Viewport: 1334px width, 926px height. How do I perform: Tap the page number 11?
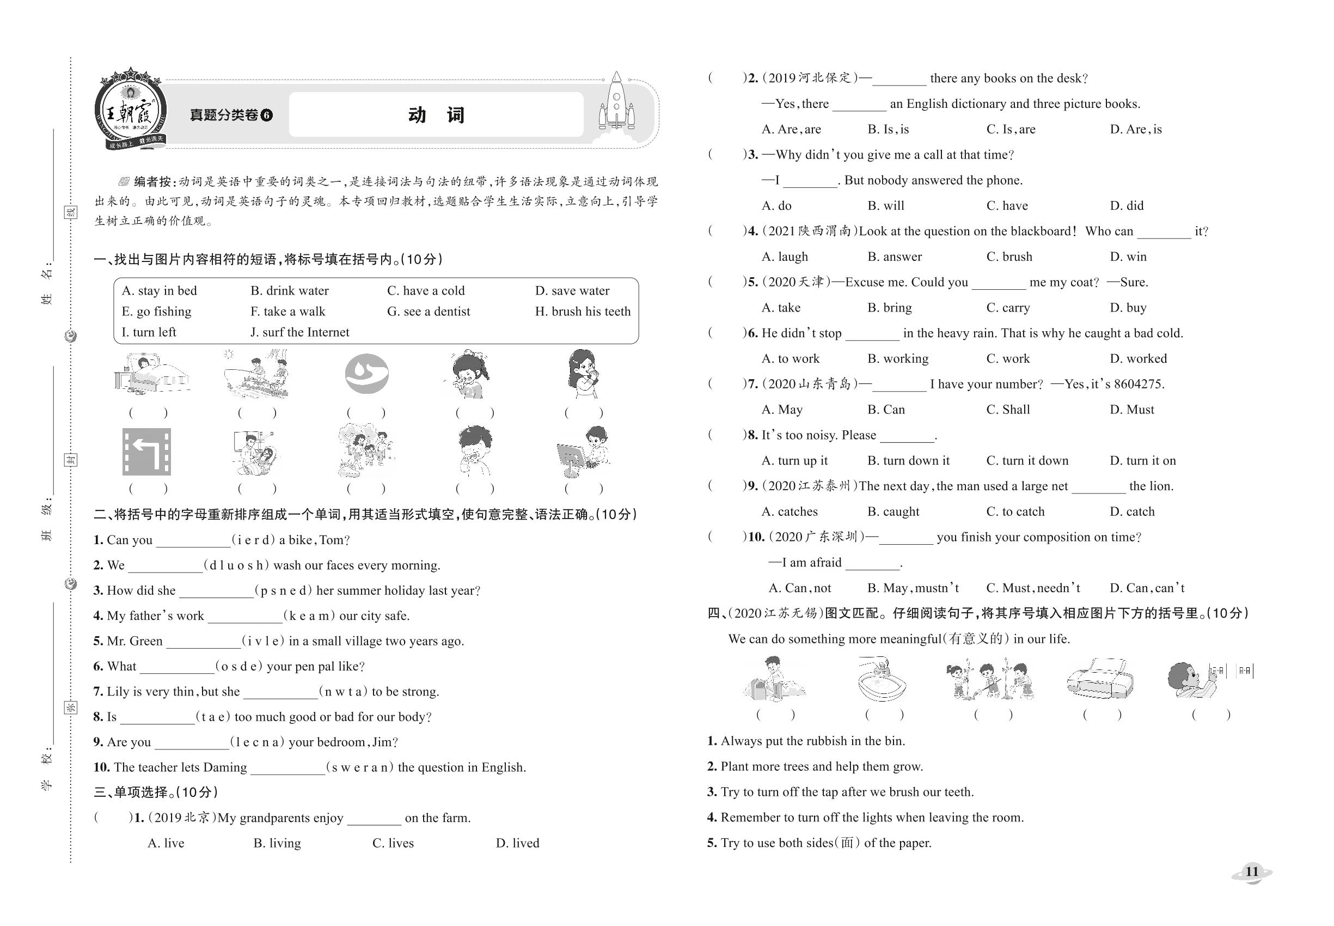coord(1252,872)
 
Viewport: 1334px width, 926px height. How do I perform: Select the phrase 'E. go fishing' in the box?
coord(157,312)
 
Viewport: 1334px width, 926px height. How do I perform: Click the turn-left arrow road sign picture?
coord(147,452)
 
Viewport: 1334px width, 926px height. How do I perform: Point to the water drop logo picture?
coord(366,374)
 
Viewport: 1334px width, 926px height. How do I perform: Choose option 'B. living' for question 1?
coord(277,843)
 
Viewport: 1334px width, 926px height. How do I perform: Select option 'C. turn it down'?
coord(1026,461)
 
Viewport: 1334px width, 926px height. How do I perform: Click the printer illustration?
coord(1099,679)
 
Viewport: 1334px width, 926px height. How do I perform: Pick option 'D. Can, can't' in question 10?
coord(1147,588)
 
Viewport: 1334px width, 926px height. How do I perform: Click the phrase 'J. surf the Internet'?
coord(300,332)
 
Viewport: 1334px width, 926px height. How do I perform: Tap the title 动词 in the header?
coord(436,115)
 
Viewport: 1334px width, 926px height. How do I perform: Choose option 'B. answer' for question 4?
coord(895,257)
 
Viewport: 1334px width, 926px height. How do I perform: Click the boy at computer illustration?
coord(584,452)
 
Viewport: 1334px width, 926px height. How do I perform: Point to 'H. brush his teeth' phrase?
coord(582,312)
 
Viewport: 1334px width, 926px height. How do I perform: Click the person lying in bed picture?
coord(151,374)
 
